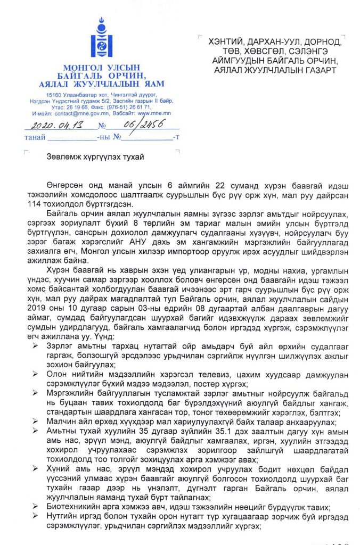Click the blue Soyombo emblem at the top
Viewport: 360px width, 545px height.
[x=101, y=39]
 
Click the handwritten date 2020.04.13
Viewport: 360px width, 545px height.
[x=52, y=127]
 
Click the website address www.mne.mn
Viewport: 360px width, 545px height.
[x=153, y=113]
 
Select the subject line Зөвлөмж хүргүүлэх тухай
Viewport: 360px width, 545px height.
[x=95, y=156]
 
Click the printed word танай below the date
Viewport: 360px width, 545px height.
[x=35, y=138]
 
